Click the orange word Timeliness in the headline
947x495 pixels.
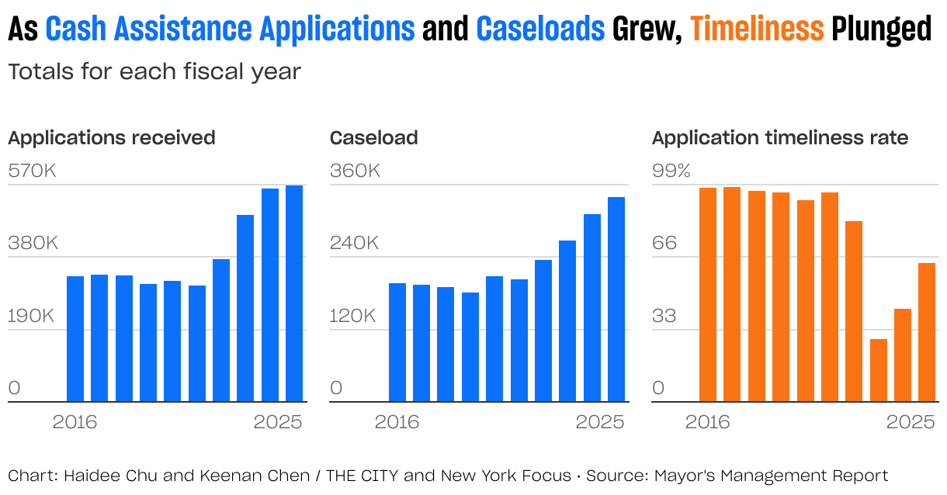pos(757,29)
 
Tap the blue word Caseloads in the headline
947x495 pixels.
pos(540,29)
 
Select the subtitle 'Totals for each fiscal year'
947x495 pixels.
pos(154,72)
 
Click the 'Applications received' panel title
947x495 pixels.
pos(112,138)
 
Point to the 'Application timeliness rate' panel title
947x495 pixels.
pos(780,138)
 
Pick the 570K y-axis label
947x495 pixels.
pos(33,171)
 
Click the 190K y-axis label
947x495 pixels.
pos(33,316)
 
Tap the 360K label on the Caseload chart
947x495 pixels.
pos(355,171)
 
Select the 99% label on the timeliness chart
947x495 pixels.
pos(671,171)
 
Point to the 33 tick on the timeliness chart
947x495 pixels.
pos(664,316)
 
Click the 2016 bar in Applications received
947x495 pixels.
pos(75,338)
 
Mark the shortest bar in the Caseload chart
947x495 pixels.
pos(470,347)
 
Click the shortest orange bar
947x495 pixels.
pos(878,370)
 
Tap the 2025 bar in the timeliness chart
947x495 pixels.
pos(927,332)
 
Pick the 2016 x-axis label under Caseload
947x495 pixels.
pos(397,422)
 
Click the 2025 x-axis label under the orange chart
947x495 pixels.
pos(911,422)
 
